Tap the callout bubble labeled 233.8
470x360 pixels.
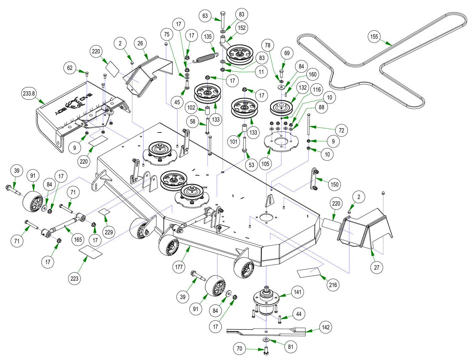click(x=29, y=94)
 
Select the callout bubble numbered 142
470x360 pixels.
click(x=325, y=327)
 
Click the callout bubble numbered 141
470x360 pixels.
click(x=297, y=292)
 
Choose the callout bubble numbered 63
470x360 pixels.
click(x=205, y=16)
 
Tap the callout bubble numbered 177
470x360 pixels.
click(x=179, y=267)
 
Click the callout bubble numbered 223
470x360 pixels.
click(x=74, y=278)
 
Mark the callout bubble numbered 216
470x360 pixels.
click(x=333, y=285)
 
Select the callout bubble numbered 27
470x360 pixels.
click(x=377, y=267)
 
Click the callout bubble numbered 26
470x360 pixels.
click(x=140, y=43)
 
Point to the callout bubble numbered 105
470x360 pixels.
click(x=265, y=163)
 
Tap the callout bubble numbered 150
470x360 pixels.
click(x=334, y=184)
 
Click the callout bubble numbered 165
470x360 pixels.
click(x=78, y=240)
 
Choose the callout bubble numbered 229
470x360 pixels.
click(x=109, y=232)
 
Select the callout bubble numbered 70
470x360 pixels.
click(x=239, y=349)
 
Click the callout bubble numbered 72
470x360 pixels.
click(x=341, y=130)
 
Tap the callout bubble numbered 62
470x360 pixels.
click(x=70, y=68)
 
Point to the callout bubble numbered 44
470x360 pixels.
click(x=298, y=314)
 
